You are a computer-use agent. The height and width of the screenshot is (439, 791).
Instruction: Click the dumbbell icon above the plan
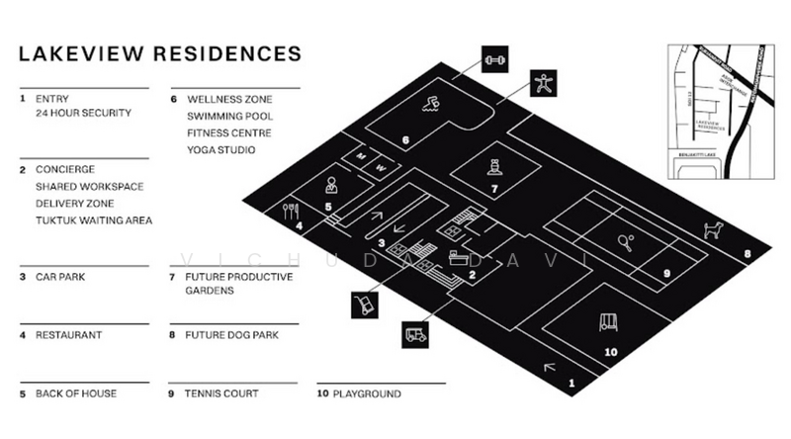pyautogui.click(x=495, y=60)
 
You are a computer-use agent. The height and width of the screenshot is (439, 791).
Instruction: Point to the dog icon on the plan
pyautogui.click(x=710, y=230)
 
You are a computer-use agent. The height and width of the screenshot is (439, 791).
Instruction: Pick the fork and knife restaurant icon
pyautogui.click(x=291, y=211)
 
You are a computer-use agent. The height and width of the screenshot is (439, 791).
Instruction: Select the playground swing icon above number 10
pyautogui.click(x=607, y=322)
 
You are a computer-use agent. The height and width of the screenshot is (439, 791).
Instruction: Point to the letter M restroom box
pyautogui.click(x=360, y=156)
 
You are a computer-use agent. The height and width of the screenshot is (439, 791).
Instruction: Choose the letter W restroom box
pyautogui.click(x=380, y=169)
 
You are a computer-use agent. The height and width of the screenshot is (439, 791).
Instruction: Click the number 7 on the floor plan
pyautogui.click(x=494, y=187)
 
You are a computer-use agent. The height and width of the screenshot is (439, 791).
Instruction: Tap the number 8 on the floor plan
pyautogui.click(x=747, y=255)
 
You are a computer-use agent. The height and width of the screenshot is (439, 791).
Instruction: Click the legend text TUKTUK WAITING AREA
pyautogui.click(x=94, y=220)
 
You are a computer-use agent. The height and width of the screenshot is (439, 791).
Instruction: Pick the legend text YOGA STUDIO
pyautogui.click(x=221, y=149)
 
